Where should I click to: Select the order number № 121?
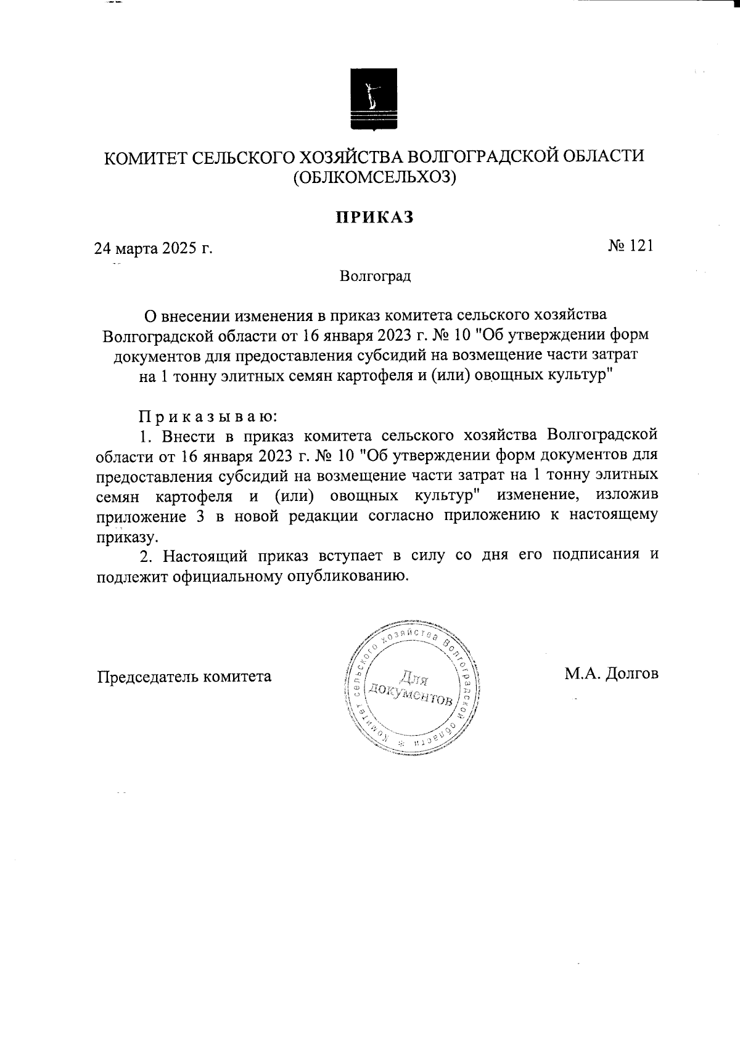pos(630,246)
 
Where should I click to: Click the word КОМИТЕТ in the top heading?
pos(144,158)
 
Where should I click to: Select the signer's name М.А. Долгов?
pos(611,673)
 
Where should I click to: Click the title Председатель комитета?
pos(184,677)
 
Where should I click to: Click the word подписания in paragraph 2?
pos(593,555)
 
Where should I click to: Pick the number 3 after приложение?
pos(201,516)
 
